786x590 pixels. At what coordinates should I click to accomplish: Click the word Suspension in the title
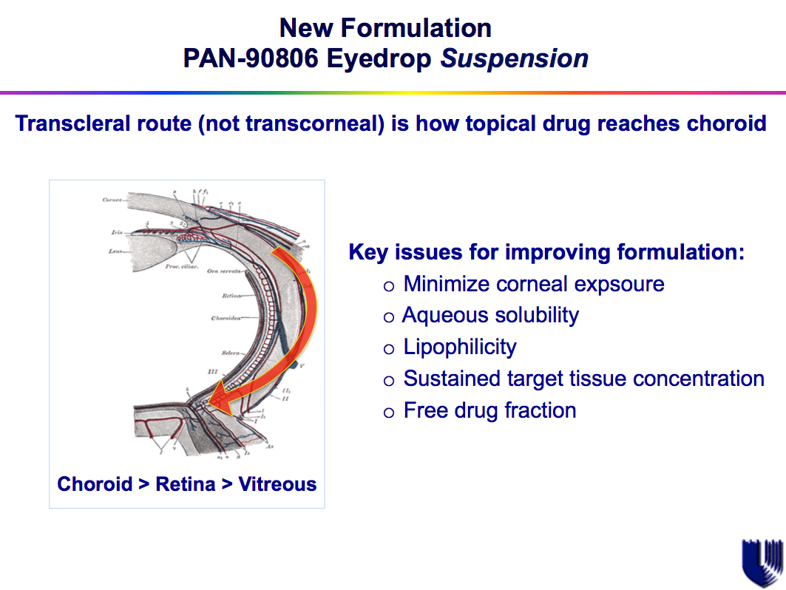515,58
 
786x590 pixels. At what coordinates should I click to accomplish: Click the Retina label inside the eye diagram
231,296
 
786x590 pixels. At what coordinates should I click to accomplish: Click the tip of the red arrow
211,404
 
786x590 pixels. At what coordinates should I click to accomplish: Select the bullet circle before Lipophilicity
390,348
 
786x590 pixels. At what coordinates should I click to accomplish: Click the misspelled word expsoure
619,284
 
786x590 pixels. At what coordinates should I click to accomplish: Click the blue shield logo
761,562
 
